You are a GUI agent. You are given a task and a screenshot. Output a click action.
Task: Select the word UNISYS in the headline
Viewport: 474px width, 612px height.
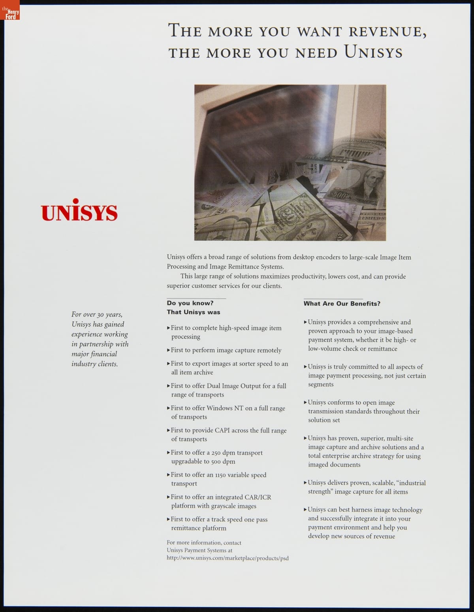pos(373,52)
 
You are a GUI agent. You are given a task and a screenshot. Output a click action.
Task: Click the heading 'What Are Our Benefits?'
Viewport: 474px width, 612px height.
pos(342,304)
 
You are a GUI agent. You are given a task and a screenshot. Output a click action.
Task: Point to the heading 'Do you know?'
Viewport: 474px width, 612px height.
pos(190,303)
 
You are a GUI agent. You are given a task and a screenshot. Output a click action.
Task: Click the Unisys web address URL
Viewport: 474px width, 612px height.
pos(228,558)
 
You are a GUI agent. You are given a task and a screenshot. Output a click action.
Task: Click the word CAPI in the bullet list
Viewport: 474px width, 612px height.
pos(222,430)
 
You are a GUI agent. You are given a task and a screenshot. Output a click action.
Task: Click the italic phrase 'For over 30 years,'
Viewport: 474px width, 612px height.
pos(97,314)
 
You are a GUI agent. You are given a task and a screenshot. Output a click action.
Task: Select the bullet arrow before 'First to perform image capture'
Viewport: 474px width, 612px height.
pos(169,350)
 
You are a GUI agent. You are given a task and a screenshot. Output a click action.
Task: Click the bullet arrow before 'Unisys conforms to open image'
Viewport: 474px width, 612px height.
pos(305,402)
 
